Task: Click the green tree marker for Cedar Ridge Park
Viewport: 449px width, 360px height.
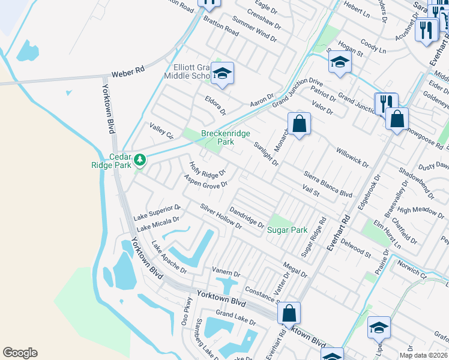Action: click(x=139, y=160)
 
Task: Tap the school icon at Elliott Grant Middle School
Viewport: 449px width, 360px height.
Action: click(x=222, y=74)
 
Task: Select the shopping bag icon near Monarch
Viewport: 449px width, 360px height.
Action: click(x=298, y=124)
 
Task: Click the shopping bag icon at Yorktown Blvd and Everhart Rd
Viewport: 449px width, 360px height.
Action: click(x=289, y=313)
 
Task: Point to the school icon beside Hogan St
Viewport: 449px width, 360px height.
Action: click(x=340, y=62)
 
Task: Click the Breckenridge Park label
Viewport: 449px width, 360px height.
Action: click(x=225, y=137)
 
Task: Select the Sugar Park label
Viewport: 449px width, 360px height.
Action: click(x=287, y=230)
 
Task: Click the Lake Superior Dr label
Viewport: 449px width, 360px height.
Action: click(x=157, y=212)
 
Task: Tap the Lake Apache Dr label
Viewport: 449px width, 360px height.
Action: click(x=169, y=257)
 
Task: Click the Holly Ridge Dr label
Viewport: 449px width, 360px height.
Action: click(x=207, y=170)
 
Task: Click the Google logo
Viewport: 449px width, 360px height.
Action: click(x=20, y=353)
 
